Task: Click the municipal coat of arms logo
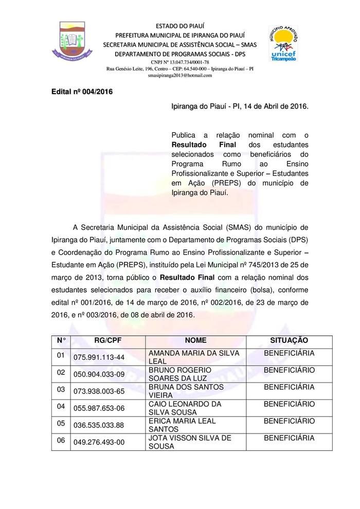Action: click(72, 40)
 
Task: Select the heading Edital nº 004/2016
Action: click(82, 92)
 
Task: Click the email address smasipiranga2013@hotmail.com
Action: click(179, 76)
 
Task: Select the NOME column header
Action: click(195, 340)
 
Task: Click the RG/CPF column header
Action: click(107, 340)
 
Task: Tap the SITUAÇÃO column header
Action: click(289, 340)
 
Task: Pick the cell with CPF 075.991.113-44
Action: click(99, 357)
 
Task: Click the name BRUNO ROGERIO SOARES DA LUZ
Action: click(179, 374)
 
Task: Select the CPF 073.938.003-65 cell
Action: click(99, 391)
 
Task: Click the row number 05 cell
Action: click(61, 423)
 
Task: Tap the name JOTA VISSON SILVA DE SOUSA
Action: click(189, 442)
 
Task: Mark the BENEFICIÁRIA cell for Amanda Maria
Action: click(289, 353)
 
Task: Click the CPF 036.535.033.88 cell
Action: click(99, 425)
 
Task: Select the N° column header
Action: click(62, 340)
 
